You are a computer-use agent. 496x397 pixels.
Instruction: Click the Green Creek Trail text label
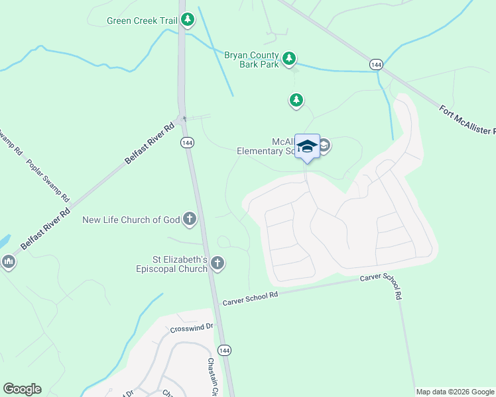(142, 21)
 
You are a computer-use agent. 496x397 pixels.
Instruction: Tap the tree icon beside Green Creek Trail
(188, 20)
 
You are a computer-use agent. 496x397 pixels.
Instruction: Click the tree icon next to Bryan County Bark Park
(289, 59)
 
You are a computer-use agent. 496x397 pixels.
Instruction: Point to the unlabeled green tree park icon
(296, 101)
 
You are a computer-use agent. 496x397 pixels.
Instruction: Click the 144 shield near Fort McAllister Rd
(376, 64)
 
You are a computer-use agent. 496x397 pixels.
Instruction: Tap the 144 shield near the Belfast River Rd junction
(186, 143)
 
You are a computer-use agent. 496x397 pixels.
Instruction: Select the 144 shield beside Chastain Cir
(224, 350)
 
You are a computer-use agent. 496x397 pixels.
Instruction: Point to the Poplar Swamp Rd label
(47, 180)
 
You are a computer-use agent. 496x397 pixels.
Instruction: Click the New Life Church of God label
(131, 220)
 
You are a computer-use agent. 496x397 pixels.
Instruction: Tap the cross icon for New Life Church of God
(190, 220)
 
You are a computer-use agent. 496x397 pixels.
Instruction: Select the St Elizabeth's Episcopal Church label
(171, 265)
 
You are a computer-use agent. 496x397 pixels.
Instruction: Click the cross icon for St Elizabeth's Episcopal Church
(217, 265)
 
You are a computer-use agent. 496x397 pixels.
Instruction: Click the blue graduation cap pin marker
(307, 146)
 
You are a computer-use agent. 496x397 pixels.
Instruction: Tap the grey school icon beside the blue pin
(325, 148)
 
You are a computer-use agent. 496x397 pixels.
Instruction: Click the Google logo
(23, 389)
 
